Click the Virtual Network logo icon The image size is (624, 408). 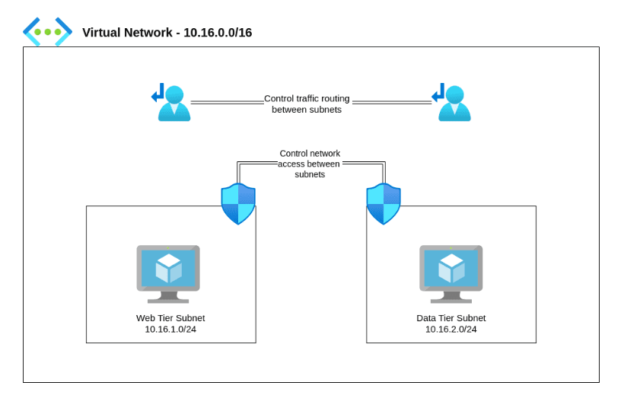(x=47, y=32)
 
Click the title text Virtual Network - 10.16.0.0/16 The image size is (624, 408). (x=167, y=33)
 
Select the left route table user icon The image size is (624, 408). (x=174, y=104)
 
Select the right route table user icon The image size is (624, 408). (x=454, y=104)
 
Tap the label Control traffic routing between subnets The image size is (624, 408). (x=307, y=104)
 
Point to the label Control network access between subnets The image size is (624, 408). (x=309, y=164)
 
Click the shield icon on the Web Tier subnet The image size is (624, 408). (x=238, y=203)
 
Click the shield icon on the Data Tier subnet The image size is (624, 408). (x=384, y=203)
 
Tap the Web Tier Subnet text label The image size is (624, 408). (x=170, y=318)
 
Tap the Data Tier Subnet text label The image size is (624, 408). (x=450, y=318)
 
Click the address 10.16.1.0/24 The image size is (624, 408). (x=170, y=330)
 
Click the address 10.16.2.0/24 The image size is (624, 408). (x=450, y=330)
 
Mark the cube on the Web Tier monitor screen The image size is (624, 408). (x=168, y=268)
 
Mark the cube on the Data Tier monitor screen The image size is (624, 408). (x=451, y=268)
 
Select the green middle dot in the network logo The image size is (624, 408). (x=47, y=32)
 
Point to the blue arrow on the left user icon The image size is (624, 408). (x=158, y=94)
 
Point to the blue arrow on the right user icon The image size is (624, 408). (x=438, y=94)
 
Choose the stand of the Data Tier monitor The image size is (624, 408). (x=451, y=297)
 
